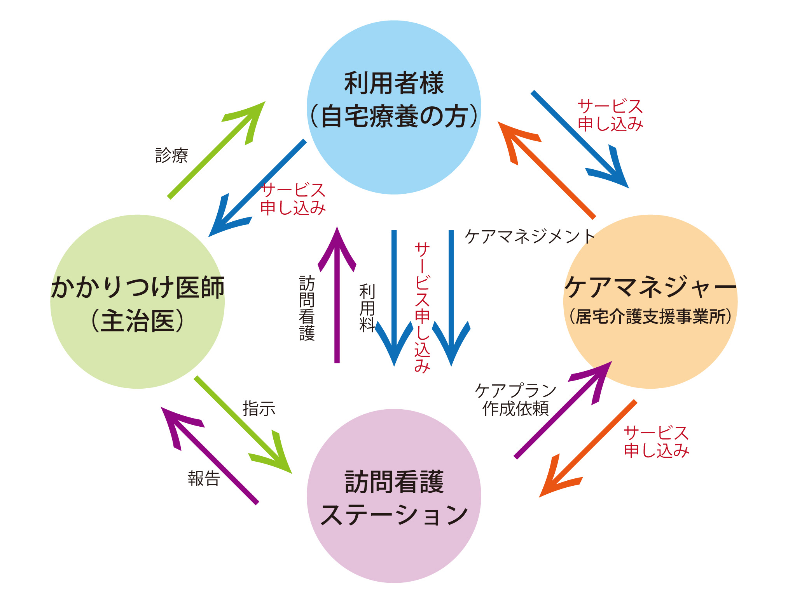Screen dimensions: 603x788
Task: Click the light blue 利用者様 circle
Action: [x=394, y=155]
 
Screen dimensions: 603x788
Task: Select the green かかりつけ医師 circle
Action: [x=137, y=349]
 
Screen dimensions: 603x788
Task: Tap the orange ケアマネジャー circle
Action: [x=650, y=349]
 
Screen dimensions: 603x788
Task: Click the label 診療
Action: [x=171, y=155]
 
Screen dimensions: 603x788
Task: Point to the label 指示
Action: [x=259, y=409]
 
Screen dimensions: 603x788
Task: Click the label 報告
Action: [x=204, y=478]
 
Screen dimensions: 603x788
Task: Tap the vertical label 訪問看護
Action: [x=307, y=308]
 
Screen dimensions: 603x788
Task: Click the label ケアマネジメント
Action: [x=529, y=236]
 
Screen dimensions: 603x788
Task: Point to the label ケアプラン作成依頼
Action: [x=515, y=400]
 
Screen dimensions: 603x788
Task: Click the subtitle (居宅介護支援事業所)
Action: [x=650, y=317]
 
